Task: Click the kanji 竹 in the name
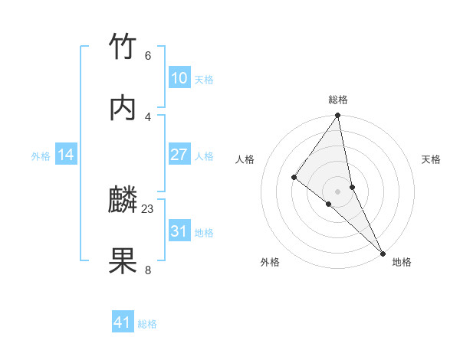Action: [123, 47]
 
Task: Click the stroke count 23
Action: [148, 208]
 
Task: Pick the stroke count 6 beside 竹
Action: [148, 55]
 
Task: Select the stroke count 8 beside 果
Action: [148, 270]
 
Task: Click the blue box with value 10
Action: [179, 78]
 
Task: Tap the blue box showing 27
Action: [179, 155]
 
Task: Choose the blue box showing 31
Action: [179, 231]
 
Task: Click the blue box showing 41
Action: [123, 322]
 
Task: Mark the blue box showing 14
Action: [66, 155]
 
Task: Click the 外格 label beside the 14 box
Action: [41, 156]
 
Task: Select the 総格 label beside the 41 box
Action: [147, 324]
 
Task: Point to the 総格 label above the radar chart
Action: [338, 100]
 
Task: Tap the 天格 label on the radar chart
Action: [431, 159]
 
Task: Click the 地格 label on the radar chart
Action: [402, 262]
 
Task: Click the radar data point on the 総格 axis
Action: [338, 116]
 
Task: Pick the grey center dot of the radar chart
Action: [338, 191]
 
